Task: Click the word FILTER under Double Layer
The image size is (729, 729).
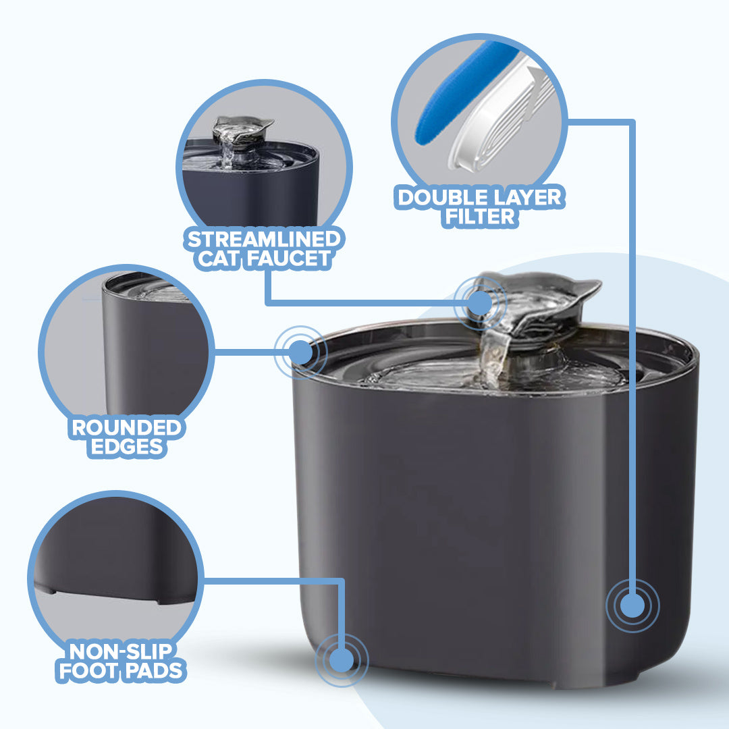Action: point(480,217)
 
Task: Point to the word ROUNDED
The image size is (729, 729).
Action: point(127,428)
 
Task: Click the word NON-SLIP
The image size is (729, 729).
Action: point(122,651)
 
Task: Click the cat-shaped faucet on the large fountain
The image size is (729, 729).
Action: point(540,304)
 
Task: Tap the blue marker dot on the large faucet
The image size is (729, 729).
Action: point(479,302)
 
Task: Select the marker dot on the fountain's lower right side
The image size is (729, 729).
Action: point(632,605)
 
